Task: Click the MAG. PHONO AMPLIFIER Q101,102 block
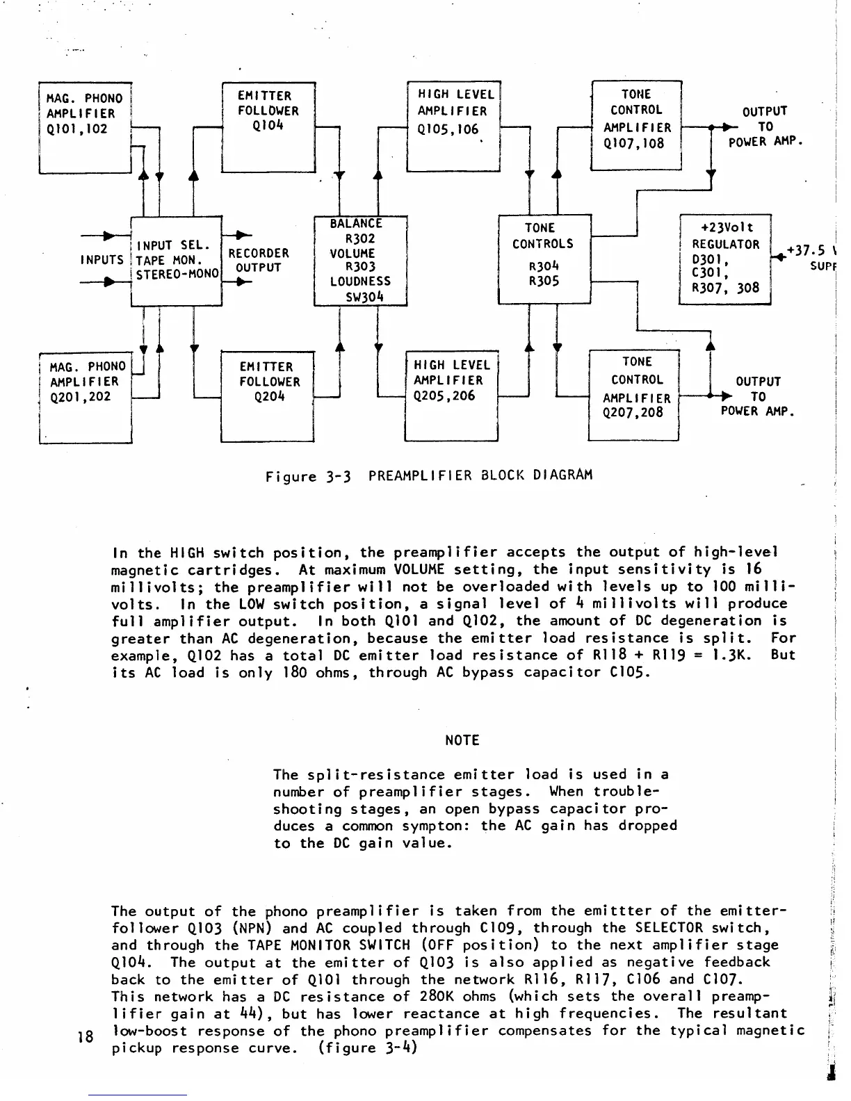pyautogui.click(x=85, y=127)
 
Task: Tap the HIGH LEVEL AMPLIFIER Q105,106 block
pyautogui.click(x=453, y=126)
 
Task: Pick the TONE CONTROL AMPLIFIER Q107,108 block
pyautogui.click(x=635, y=125)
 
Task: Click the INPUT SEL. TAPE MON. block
pyautogui.click(x=176, y=261)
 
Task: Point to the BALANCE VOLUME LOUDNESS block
pyautogui.click(x=360, y=261)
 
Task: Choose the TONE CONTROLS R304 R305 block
pyautogui.click(x=544, y=259)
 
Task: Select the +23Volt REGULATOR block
pyautogui.click(x=725, y=259)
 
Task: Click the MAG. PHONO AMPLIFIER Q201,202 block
pyautogui.click(x=86, y=397)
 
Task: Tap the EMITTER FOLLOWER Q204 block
pyautogui.click(x=268, y=397)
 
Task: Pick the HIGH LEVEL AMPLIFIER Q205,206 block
pyautogui.click(x=452, y=395)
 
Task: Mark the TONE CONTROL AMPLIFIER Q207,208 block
pyautogui.click(x=633, y=395)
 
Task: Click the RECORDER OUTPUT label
pyautogui.click(x=259, y=261)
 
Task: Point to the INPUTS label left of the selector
pyautogui.click(x=102, y=260)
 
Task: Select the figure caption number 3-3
pyautogui.click(x=339, y=477)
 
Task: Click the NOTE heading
pyautogui.click(x=462, y=740)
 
